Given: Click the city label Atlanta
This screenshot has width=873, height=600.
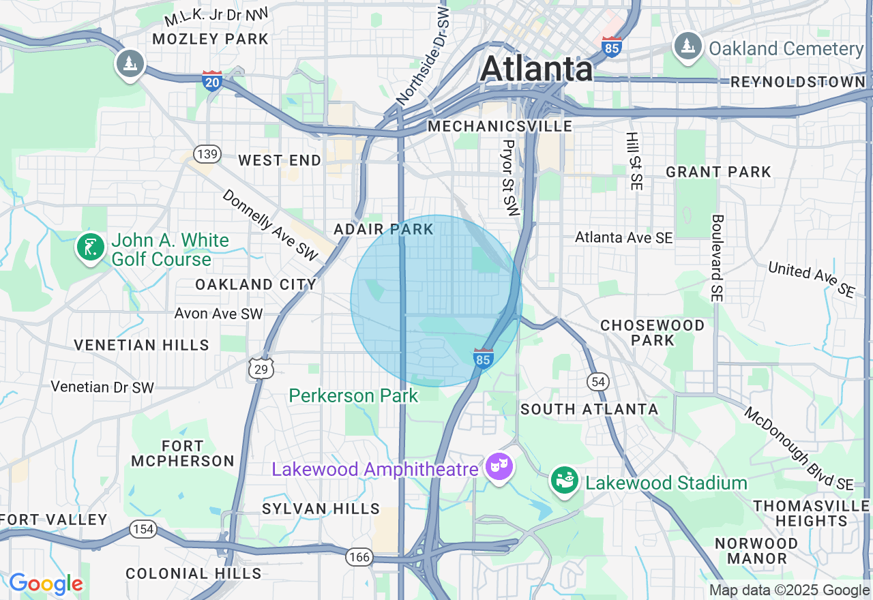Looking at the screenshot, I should pos(537,69).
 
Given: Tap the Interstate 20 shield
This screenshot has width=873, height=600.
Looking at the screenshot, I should pos(212,80).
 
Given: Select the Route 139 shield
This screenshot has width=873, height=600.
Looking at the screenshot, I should pos(207,154).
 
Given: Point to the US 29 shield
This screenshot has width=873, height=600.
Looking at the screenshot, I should pos(261,368).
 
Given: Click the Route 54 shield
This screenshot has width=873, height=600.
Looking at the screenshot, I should pos(598,382).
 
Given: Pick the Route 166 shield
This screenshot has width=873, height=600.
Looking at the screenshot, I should pos(359,557).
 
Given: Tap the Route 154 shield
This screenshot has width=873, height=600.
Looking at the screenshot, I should pos(144,529).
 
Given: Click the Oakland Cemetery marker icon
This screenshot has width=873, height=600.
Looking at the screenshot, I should pos(687,46).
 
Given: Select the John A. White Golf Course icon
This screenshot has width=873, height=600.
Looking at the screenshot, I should pos(91,247).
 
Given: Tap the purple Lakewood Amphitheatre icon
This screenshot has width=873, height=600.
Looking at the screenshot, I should pos(499,468).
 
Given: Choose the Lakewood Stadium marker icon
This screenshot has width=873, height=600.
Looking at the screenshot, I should pos(565,481).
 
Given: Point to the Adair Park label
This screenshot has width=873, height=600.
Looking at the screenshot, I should pos(384,229).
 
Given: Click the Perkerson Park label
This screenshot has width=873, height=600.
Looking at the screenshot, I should pos(353,395).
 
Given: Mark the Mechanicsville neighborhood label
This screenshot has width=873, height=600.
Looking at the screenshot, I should pos(500,126).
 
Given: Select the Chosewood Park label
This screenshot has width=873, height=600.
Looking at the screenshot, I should pos(652,332).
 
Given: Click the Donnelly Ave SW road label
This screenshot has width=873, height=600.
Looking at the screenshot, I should pos(271,224).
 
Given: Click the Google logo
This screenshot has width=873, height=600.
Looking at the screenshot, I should pos(46,584).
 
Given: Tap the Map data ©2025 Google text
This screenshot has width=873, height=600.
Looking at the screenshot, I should pos(789,590).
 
